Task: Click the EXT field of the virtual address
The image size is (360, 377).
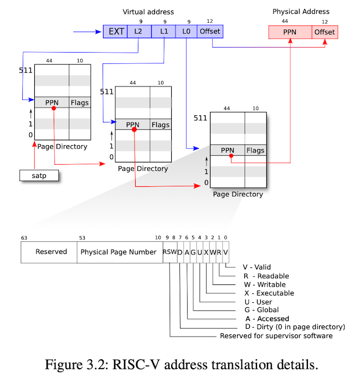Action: pyautogui.click(x=115, y=32)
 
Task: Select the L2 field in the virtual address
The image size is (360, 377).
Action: pyautogui.click(x=140, y=32)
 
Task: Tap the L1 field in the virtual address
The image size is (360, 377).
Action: pyautogui.click(x=163, y=32)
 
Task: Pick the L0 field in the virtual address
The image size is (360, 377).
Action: pyautogui.click(x=186, y=32)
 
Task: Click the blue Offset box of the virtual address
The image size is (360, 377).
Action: pyautogui.click(x=210, y=32)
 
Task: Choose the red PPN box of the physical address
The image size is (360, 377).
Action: pyautogui.click(x=290, y=32)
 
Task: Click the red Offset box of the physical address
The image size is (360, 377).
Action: pyautogui.click(x=325, y=32)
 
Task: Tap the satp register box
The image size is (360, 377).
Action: pyautogui.click(x=39, y=176)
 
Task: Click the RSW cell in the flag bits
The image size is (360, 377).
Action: pyautogui.click(x=170, y=252)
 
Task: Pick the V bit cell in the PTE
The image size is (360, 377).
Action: pyautogui.click(x=226, y=252)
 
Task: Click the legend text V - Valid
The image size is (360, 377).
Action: pyautogui.click(x=257, y=267)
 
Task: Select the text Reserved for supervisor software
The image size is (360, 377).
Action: pyautogui.click(x=276, y=336)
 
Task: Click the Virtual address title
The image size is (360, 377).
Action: pyautogui.click(x=148, y=12)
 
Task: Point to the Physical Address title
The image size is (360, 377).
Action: pyautogui.click(x=301, y=12)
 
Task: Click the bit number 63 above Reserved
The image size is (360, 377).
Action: pyautogui.click(x=24, y=238)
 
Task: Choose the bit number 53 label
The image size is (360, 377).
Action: pyautogui.click(x=82, y=238)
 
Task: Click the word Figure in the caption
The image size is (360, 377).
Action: pyautogui.click(x=64, y=365)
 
